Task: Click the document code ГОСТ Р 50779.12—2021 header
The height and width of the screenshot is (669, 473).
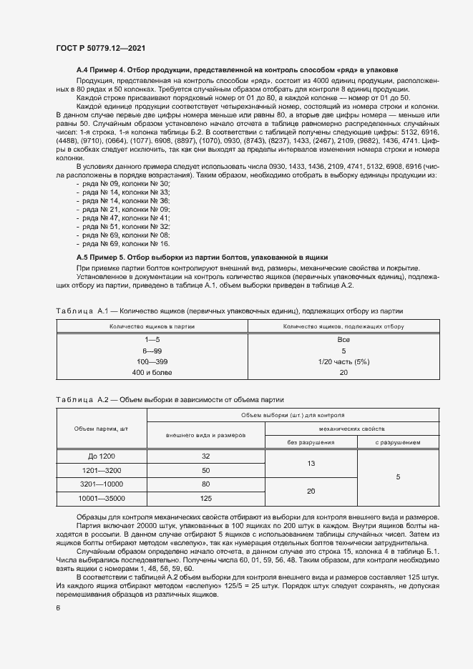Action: click(102, 48)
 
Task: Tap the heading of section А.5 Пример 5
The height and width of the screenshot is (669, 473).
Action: click(202, 255)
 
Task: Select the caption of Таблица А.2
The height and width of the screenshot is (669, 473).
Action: click(170, 399)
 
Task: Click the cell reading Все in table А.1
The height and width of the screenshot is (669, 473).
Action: click(343, 341)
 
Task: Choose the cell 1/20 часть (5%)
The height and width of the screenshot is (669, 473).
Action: click(343, 362)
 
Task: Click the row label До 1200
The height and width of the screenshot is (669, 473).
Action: click(101, 456)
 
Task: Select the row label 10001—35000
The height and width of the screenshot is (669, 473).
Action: click(101, 499)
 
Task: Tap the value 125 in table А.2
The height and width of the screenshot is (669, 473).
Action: click(206, 499)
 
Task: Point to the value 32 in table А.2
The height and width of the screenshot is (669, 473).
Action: click(206, 456)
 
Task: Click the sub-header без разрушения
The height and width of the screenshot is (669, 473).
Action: click(311, 442)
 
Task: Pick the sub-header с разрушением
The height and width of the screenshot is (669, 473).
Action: click(398, 442)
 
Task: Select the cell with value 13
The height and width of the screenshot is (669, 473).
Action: click(311, 463)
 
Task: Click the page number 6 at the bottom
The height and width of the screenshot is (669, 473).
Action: click(59, 608)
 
